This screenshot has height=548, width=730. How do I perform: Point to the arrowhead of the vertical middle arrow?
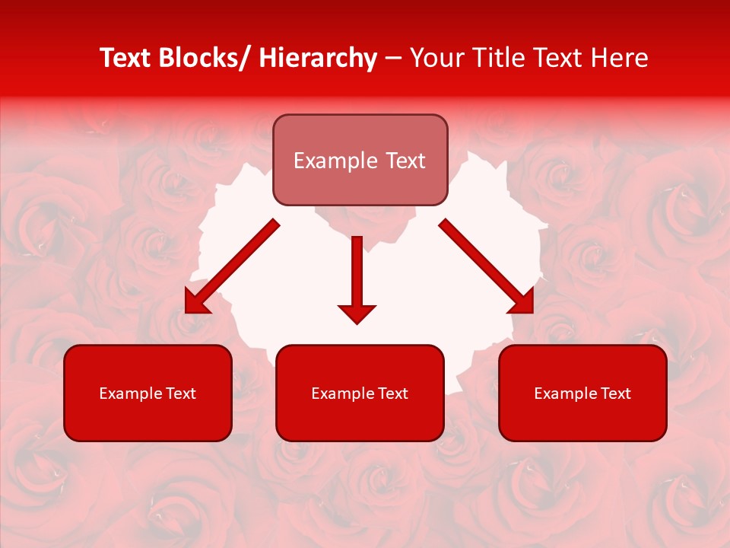point(357,313)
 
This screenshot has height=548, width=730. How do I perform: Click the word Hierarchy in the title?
point(318,58)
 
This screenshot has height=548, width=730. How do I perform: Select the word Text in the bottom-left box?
point(182,393)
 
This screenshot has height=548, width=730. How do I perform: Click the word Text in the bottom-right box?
point(617,393)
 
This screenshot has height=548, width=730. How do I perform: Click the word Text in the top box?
point(404,161)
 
